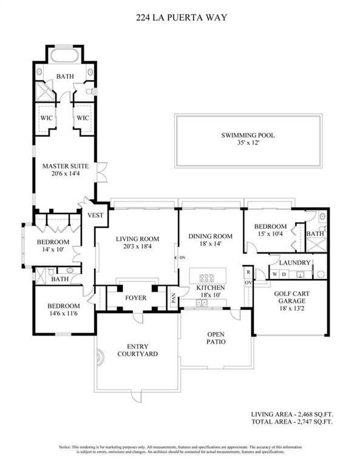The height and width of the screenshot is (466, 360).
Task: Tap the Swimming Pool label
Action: [248, 135]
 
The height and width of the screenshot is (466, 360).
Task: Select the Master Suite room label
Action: [65, 165]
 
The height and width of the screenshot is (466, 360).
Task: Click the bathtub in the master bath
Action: [65, 56]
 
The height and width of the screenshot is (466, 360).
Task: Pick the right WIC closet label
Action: [83, 117]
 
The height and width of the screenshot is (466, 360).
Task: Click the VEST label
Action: [95, 215]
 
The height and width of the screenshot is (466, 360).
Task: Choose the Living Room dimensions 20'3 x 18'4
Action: [137, 247]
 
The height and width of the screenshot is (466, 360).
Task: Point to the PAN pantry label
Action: [174, 298]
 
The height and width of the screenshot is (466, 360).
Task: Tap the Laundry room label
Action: [294, 263]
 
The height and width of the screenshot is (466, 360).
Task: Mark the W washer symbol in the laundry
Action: [276, 274]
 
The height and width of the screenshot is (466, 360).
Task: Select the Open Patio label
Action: [216, 338]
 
